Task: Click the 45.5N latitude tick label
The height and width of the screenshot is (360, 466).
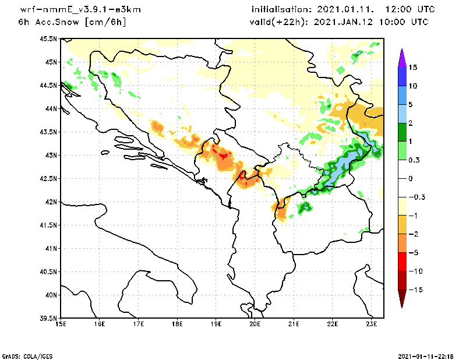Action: pos(48,38)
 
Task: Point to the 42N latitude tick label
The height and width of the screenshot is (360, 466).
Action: pos(51,202)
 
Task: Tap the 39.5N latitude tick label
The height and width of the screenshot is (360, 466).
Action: pos(48,318)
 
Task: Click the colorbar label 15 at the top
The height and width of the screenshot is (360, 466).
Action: pos(412,67)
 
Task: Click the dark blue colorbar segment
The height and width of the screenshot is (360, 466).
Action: pos(402,76)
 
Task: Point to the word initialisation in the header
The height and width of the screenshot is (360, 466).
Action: pos(284,10)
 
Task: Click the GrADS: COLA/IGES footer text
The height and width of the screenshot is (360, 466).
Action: pos(23,355)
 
